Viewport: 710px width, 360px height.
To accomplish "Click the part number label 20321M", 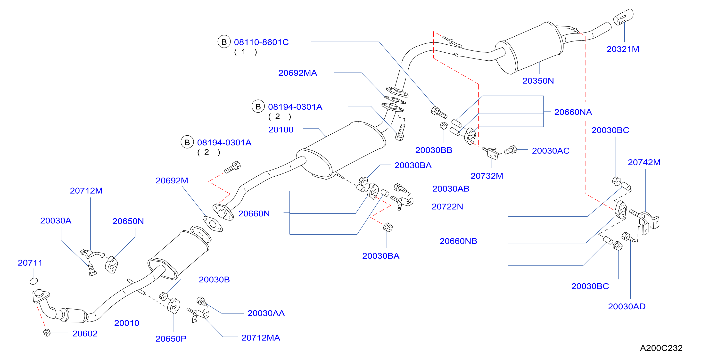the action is click(623, 49).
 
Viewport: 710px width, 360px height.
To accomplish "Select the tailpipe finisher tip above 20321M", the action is click(623, 16).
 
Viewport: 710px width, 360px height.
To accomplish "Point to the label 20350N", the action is click(538, 81).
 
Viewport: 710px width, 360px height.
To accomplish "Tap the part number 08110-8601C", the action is click(261, 42).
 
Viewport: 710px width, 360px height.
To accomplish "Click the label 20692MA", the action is click(298, 73).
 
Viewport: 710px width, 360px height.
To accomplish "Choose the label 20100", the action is click(281, 130).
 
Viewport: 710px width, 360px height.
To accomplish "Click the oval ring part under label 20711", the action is click(34, 281).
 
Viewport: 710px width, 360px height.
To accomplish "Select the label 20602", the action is click(85, 334).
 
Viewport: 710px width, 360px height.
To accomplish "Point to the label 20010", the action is click(127, 323).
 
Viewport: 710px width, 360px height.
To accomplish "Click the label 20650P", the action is click(171, 339).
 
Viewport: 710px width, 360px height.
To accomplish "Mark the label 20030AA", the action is click(266, 313).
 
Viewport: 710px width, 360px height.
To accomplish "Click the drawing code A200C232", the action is click(661, 348).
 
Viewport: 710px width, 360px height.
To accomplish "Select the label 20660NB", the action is click(458, 241).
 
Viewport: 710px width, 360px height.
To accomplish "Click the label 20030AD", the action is click(627, 307).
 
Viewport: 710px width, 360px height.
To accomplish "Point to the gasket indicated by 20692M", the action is click(213, 224).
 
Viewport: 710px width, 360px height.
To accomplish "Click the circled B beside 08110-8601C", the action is click(224, 42).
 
